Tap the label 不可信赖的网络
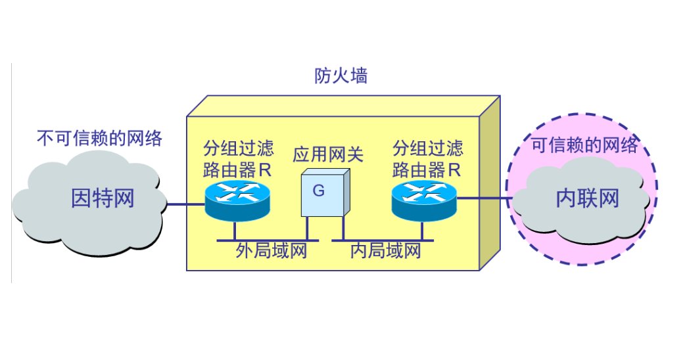pyautogui.click(x=99, y=138)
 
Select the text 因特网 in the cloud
pyautogui.click(x=103, y=198)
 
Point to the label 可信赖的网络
pyautogui.click(x=584, y=145)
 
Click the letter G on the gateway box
pyautogui.click(x=319, y=191)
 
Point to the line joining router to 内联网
pyautogui.click(x=483, y=197)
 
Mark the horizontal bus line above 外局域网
pyautogui.click(x=263, y=240)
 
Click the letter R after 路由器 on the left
pyautogui.click(x=264, y=170)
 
